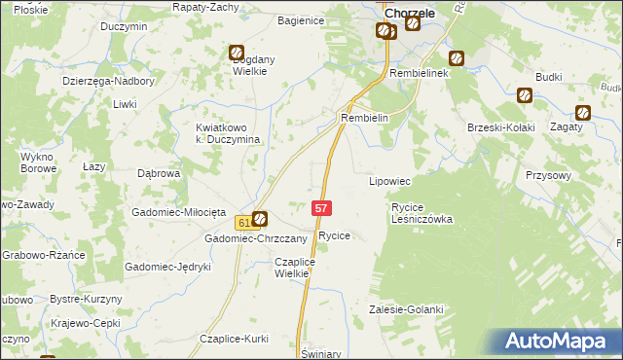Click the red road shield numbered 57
tap(323, 208)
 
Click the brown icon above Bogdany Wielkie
tap(237, 54)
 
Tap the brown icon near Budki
tap(525, 95)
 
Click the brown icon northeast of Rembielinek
tap(456, 58)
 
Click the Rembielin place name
tap(364, 118)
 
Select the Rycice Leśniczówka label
tap(421, 213)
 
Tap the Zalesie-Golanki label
tap(406, 309)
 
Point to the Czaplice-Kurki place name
tap(234, 338)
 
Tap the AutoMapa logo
tap(559, 342)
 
